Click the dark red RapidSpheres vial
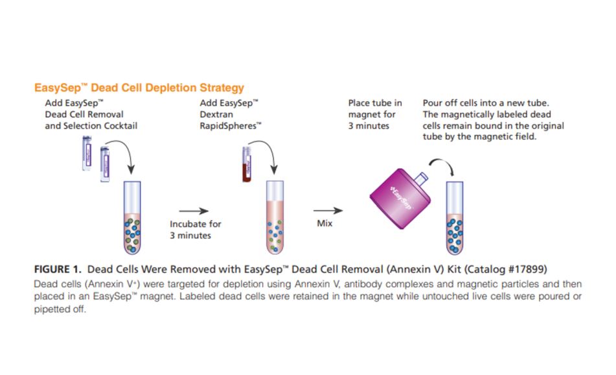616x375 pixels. tap(246, 166)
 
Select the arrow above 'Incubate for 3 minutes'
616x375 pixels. tap(194, 211)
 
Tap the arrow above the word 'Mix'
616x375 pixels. tap(328, 211)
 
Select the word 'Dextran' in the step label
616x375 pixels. tap(216, 114)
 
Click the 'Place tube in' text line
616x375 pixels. tap(375, 103)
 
